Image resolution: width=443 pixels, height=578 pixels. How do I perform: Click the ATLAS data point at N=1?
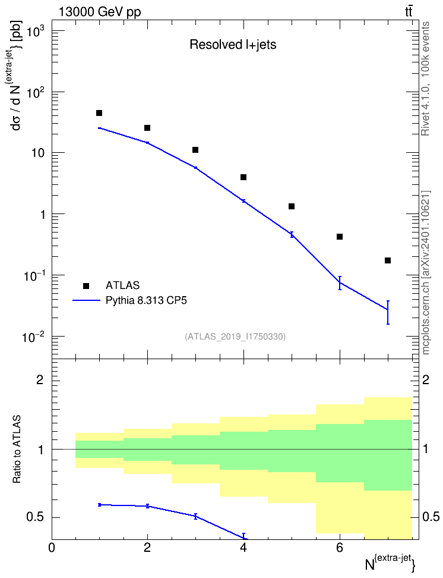click(99, 113)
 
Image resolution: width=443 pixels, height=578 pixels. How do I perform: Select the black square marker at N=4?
click(243, 177)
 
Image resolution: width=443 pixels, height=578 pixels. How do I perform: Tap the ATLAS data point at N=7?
click(387, 260)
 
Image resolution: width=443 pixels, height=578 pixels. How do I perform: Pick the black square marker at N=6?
click(340, 237)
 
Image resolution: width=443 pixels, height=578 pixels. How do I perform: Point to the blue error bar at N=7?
click(387, 312)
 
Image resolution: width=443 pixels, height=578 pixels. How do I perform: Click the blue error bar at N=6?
click(340, 282)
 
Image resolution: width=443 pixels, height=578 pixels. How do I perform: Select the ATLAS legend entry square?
click(86, 285)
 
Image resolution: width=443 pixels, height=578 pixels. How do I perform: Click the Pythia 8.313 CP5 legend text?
click(146, 300)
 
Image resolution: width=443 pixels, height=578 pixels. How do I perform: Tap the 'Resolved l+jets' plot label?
click(233, 45)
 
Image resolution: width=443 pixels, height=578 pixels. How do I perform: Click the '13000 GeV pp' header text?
click(100, 12)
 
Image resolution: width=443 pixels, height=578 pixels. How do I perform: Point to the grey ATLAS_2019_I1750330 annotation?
click(235, 336)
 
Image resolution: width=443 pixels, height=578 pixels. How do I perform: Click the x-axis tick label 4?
click(243, 548)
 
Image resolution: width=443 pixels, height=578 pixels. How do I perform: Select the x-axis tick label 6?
click(340, 548)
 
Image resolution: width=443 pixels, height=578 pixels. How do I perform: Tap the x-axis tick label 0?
click(52, 548)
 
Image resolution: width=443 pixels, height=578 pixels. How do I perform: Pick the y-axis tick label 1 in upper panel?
click(43, 215)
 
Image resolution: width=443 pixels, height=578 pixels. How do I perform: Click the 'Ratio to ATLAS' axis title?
click(17, 449)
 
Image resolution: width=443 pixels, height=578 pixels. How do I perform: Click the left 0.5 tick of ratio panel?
click(36, 517)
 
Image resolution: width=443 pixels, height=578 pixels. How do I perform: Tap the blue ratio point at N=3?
click(195, 516)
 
